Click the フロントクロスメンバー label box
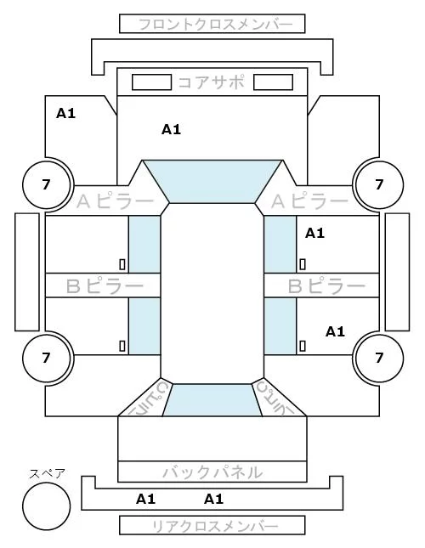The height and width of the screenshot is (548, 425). click(x=212, y=24)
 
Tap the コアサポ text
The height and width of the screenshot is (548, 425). click(x=212, y=82)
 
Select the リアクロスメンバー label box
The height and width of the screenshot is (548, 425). click(x=212, y=525)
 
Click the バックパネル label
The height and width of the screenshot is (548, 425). click(x=212, y=472)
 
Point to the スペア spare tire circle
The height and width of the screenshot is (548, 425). click(x=47, y=506)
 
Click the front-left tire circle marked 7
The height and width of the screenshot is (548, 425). click(x=47, y=184)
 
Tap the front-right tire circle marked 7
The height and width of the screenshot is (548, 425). click(x=379, y=184)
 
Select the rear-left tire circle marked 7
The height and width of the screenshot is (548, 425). click(x=47, y=358)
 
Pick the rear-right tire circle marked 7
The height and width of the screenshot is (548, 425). click(x=379, y=358)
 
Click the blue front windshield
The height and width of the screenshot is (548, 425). click(x=212, y=181)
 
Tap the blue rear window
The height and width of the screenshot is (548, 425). click(x=212, y=400)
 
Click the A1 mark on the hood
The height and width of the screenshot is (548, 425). click(x=171, y=130)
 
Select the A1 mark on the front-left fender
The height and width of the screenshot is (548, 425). click(x=65, y=113)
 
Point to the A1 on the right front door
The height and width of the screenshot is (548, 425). click(x=314, y=233)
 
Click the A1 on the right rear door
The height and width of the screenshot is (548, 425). click(x=335, y=331)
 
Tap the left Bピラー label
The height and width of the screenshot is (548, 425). click(x=105, y=286)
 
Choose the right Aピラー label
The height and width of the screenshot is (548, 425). click(x=309, y=201)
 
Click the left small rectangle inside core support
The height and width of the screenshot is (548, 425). click(x=151, y=82)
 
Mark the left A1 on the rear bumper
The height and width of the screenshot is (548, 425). click(x=145, y=499)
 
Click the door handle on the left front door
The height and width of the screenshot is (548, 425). click(x=122, y=264)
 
